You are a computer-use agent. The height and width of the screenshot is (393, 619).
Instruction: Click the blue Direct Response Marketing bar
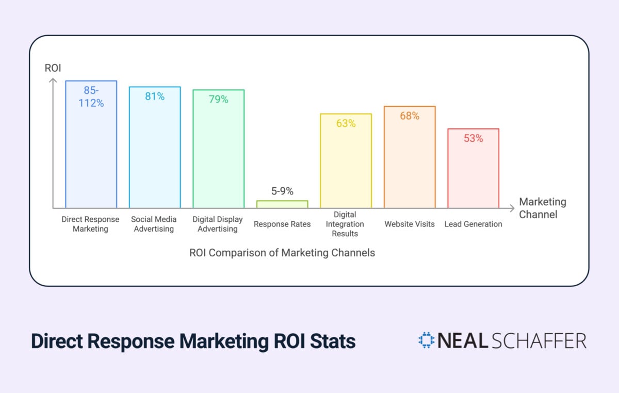(x=91, y=155)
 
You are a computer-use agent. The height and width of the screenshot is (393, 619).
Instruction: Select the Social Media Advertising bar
(x=155, y=155)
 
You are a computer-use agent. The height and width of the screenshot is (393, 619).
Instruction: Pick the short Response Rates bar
(x=282, y=204)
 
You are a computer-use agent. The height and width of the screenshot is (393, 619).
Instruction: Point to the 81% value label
(x=155, y=96)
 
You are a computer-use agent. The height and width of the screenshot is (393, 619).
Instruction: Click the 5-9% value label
(x=282, y=191)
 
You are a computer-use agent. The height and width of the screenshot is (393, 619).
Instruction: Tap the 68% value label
(x=410, y=116)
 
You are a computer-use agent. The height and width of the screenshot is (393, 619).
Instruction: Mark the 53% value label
(x=473, y=138)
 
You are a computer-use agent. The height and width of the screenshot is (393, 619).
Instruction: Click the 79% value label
(x=218, y=100)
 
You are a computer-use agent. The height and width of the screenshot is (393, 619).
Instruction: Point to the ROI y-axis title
(x=52, y=68)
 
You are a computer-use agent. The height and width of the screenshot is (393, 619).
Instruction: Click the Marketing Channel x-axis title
(x=542, y=208)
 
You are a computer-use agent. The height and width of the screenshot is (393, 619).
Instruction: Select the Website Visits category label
(x=410, y=224)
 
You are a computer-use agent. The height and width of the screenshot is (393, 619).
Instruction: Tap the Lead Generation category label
(x=473, y=224)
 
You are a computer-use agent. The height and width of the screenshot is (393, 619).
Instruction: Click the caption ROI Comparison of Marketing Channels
(x=282, y=253)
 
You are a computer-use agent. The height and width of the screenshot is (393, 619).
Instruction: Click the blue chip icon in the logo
(x=427, y=340)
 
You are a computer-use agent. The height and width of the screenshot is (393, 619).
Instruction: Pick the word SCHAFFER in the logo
(x=546, y=341)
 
